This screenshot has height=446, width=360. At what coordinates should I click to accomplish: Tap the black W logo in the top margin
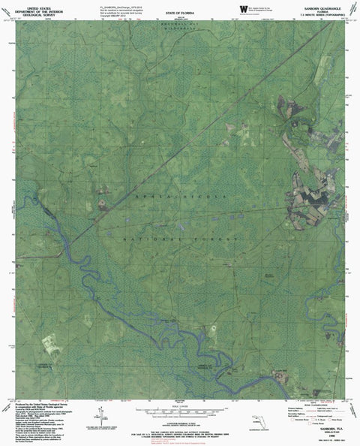(x=241, y=8)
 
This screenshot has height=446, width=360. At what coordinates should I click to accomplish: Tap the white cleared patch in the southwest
(x=51, y=344)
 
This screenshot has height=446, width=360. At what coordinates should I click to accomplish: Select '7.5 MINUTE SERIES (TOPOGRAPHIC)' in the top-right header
(x=323, y=14)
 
